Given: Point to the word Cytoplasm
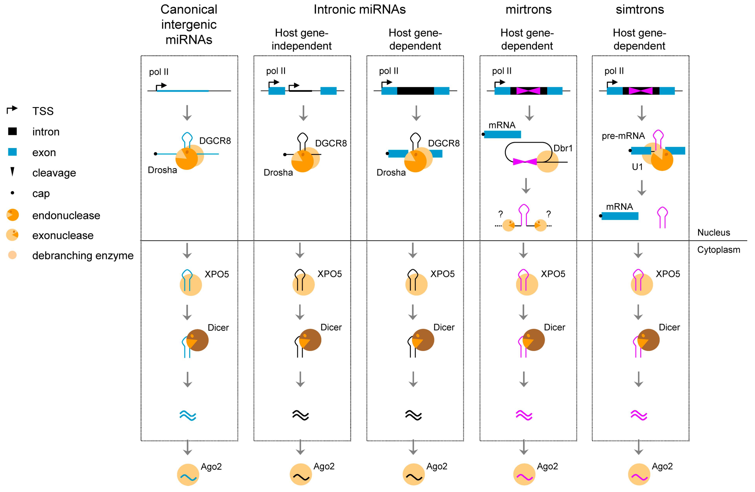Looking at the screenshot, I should (718, 250).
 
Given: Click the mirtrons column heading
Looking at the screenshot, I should (529, 9).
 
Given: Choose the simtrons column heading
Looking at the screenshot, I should (640, 9).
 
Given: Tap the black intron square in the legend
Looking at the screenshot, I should (12, 131).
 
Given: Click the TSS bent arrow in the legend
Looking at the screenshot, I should (12, 110).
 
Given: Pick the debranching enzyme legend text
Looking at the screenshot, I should (83, 256).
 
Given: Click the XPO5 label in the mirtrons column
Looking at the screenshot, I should (553, 274).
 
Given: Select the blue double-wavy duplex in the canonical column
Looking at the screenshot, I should (188, 415).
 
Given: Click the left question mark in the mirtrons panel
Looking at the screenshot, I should (501, 214).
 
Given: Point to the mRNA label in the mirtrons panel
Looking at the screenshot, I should (502, 125).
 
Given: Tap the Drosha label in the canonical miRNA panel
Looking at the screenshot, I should (163, 170).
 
